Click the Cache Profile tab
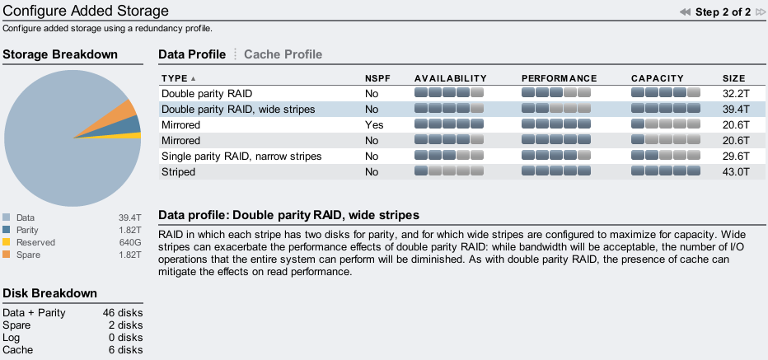click(283, 54)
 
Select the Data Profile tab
click(192, 54)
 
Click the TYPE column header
click(175, 78)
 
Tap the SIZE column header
click(733, 78)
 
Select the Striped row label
click(178, 172)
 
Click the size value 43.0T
click(736, 172)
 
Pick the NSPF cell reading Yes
click(374, 125)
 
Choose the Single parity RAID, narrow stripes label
click(241, 157)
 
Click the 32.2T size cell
click(736, 94)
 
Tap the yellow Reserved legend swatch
click(7, 242)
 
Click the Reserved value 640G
click(130, 242)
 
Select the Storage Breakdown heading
click(60, 54)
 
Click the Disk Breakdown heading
click(50, 293)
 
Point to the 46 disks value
click(123, 312)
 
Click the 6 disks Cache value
click(126, 350)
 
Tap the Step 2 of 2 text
click(723, 12)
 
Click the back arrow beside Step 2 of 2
click(686, 12)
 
